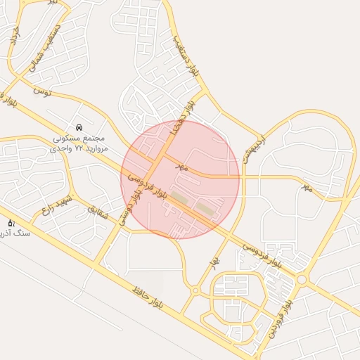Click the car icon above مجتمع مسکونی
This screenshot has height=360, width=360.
point(79,127)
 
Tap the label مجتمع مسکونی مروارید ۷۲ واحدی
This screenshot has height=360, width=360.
point(79,143)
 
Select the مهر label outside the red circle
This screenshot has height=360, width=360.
point(307,188)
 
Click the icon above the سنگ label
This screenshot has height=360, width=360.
point(11,223)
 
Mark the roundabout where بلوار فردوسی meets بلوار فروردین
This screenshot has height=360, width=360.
point(302,279)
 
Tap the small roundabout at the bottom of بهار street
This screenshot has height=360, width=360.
point(195,290)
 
